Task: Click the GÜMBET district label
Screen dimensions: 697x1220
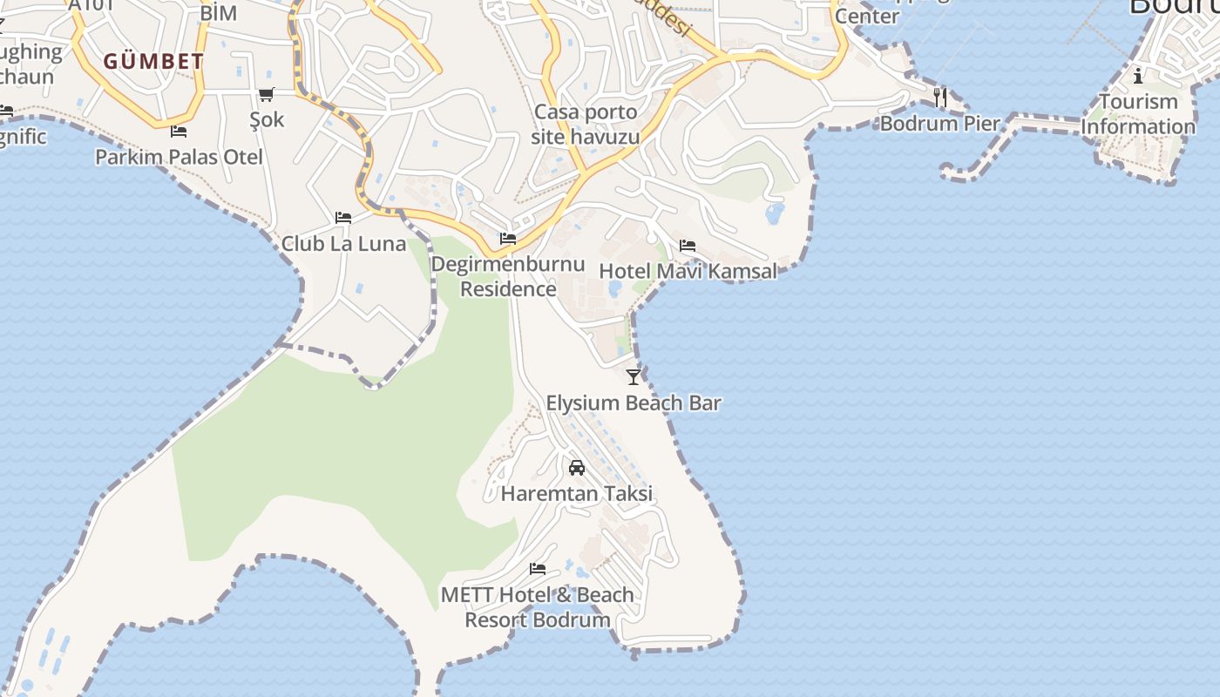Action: coord(153,62)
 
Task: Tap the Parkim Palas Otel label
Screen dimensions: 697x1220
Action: coord(179,158)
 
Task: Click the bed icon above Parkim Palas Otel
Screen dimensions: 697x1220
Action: coord(179,132)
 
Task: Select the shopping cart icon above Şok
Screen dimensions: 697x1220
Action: coord(266,94)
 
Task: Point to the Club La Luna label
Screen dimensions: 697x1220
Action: coord(343,243)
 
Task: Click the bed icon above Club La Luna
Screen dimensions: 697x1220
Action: coord(343,217)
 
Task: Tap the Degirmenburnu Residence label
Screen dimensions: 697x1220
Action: coord(508,276)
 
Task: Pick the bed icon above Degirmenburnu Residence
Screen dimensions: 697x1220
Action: coord(508,238)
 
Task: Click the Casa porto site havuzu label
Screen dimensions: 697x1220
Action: coord(586,125)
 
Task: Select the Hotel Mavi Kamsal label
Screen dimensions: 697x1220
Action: coord(688,271)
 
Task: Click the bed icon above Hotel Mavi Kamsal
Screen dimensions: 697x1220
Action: coord(688,246)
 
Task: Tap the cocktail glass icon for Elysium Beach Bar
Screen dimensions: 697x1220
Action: coord(634,376)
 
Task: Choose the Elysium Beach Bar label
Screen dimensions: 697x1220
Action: coord(634,403)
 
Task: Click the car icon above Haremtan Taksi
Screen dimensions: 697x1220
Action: coord(577,468)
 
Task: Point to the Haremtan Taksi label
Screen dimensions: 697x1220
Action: coord(577,493)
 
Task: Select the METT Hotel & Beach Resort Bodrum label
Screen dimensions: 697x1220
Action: coord(538,607)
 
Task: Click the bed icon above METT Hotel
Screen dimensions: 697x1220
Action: coord(538,569)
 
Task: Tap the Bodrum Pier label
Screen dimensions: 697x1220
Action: coord(940,123)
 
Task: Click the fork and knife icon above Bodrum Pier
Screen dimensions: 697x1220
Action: coord(940,97)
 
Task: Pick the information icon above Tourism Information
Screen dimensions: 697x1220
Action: coord(1138,76)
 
